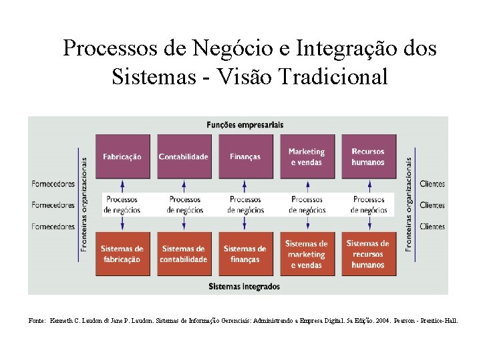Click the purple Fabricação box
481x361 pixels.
pos(122,156)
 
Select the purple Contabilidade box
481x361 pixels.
pos(183,156)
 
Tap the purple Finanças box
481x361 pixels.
pos(245,156)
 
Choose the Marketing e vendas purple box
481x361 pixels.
pos(306,156)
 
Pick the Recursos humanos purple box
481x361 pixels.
pos(367,156)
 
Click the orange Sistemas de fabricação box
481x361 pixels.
pos(122,253)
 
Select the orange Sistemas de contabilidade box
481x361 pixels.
pos(183,253)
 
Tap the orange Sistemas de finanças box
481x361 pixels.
pos(245,253)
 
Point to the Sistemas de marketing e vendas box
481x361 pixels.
pos(306,253)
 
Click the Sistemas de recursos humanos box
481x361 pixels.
pos(367,253)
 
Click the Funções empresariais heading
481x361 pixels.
pos(245,124)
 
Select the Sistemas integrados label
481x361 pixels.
pos(245,286)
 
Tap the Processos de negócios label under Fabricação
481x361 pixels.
pos(122,205)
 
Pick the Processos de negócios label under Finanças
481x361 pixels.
pos(245,205)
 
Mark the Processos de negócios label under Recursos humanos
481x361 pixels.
pos(368,205)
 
